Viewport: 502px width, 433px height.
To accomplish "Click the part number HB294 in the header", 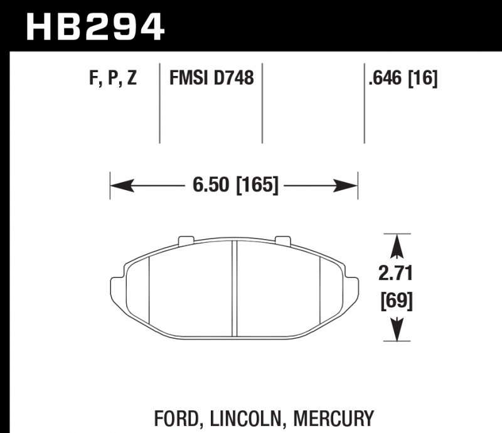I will point(94,26).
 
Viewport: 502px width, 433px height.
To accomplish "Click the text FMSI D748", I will point(211,79).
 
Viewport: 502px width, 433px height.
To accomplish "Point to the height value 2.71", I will point(397,274).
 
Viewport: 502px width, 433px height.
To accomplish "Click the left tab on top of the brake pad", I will point(186,240).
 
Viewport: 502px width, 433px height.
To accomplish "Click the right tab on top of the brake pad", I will point(283,240).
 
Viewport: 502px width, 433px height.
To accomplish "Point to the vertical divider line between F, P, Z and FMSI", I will point(160,104).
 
